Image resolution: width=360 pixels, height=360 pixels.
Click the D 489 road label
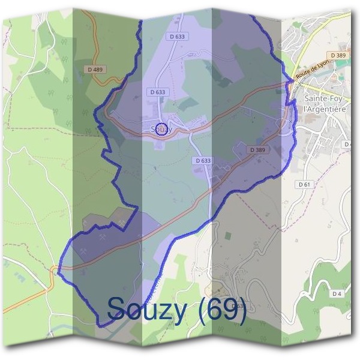coord(95,70)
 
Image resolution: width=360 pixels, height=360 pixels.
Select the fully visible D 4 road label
coord(336,293)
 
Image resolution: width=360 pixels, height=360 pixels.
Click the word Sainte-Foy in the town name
coord(325,98)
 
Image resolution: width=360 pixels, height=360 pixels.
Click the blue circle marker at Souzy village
coord(161,130)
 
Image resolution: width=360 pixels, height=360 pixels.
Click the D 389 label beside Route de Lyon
coord(338,55)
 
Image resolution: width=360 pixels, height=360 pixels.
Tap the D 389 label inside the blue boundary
coord(256,149)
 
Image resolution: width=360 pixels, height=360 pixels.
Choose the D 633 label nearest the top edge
coord(178,37)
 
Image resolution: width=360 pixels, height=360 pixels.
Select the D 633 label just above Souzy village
coord(157,92)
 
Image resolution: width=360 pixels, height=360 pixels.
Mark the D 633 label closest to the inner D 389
coord(203,161)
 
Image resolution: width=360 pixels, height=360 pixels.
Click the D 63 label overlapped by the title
coord(237,306)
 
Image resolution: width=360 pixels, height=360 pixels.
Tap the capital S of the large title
coord(117,308)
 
